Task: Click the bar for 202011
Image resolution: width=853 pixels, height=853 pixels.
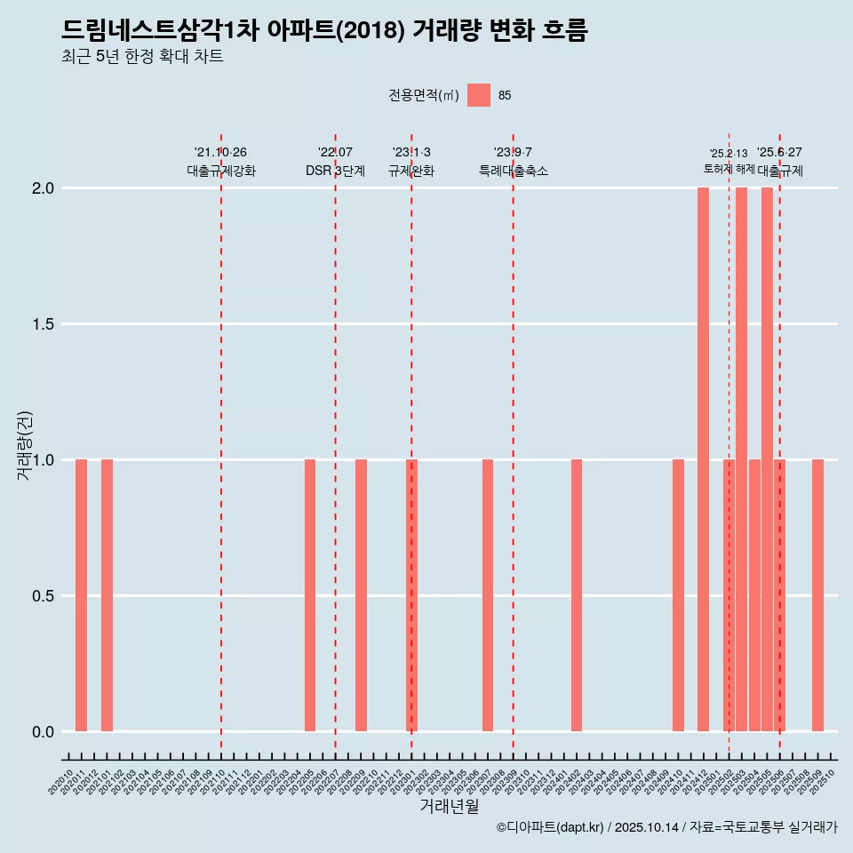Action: click(81, 595)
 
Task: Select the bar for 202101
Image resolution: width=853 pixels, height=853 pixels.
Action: click(107, 595)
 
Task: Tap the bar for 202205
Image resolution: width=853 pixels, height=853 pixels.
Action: click(310, 595)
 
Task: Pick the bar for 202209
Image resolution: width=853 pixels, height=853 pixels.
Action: click(361, 595)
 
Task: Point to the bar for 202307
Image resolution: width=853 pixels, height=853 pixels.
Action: click(488, 595)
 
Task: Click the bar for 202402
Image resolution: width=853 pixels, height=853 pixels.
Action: click(577, 595)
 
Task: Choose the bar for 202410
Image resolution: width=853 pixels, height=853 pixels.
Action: click(678, 595)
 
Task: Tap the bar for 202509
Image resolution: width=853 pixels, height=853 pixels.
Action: click(817, 595)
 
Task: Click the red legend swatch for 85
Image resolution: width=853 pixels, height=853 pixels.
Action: click(479, 95)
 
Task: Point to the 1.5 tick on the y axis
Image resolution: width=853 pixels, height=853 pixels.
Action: click(44, 324)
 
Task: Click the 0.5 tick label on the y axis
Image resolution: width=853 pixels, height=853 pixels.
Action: click(44, 596)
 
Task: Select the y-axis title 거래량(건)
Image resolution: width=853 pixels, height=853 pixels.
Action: click(25, 445)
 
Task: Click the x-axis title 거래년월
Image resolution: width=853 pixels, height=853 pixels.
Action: click(449, 806)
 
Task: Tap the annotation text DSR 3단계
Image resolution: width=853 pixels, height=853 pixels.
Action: click(335, 171)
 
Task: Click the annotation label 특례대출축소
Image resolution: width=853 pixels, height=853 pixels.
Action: click(513, 171)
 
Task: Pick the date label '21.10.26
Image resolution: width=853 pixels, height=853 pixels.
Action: click(220, 152)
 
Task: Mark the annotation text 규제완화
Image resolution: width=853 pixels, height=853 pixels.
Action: click(411, 171)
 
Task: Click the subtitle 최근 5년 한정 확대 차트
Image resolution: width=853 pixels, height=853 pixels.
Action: click(142, 57)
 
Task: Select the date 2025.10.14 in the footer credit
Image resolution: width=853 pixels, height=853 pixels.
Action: click(647, 828)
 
